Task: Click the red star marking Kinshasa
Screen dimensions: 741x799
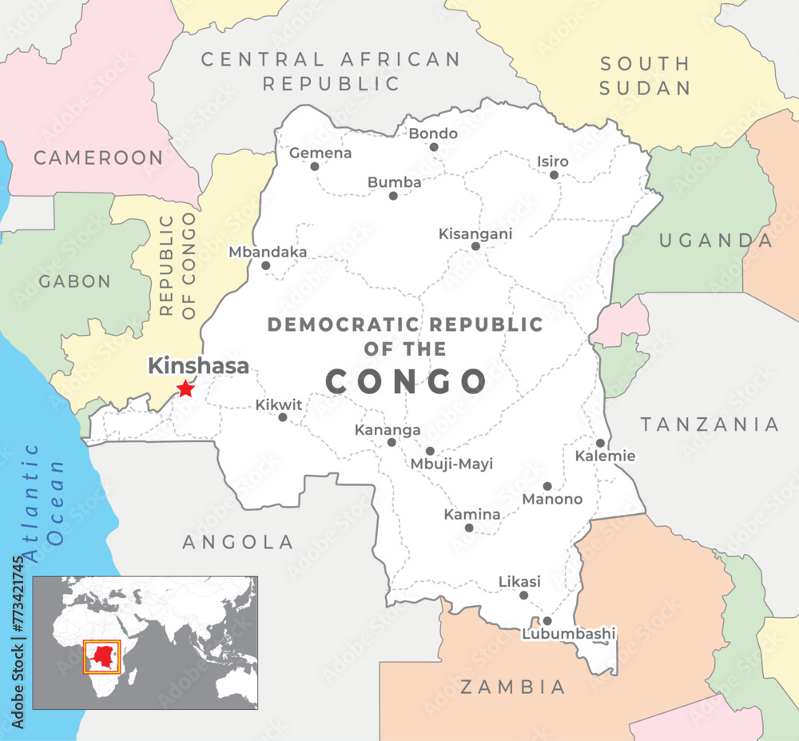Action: pos(185,388)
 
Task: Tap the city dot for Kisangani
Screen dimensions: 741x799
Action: pos(475,246)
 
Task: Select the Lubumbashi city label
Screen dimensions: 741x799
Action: pos(569,634)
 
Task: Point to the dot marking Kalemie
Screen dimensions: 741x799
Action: pos(600,443)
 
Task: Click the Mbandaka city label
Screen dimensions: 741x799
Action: pos(268,252)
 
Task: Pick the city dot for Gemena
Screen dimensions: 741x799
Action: pos(315,166)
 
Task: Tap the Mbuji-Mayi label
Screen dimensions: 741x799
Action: pos(451,464)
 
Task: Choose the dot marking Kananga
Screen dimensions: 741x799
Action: pos(392,442)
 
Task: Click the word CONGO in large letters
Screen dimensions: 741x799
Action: pos(406,381)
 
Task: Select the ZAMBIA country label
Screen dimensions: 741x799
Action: pos(513,686)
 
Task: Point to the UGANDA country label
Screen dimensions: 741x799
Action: pos(716,241)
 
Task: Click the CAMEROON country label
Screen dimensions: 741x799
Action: pos(98,157)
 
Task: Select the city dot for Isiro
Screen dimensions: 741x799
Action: pos(555,175)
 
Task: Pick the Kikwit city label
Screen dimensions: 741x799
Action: pos(279,404)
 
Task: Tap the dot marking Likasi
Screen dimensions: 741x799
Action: pos(524,595)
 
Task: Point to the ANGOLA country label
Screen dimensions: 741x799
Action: pos(238,542)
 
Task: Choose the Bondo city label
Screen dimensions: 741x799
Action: pos(433,133)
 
